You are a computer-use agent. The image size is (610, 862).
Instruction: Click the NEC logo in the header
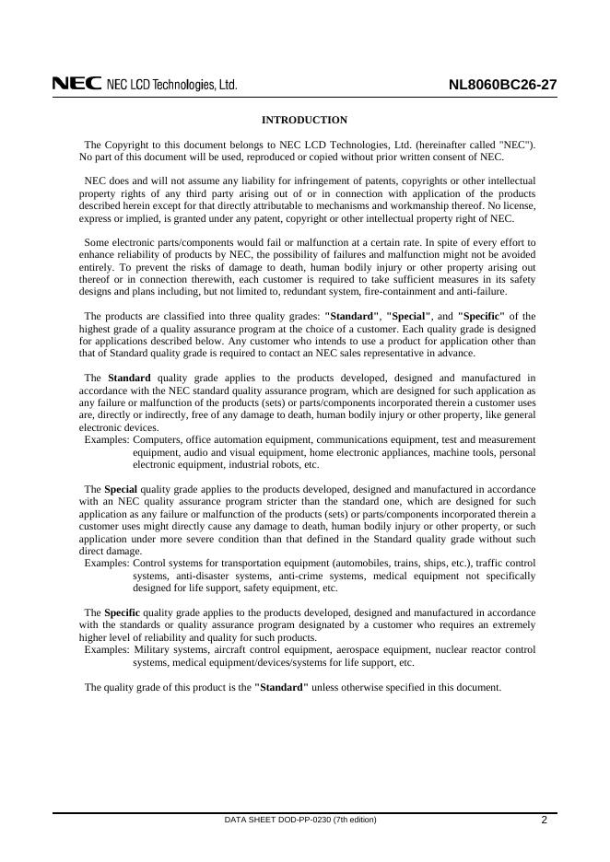click(76, 85)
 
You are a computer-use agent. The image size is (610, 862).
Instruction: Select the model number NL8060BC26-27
click(502, 86)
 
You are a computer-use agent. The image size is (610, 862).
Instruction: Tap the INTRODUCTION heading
click(305, 120)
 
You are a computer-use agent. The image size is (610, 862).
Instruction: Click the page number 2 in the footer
click(545, 820)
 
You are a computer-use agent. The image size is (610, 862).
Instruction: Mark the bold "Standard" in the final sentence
click(281, 687)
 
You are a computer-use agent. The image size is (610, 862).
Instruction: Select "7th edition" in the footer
click(355, 820)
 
